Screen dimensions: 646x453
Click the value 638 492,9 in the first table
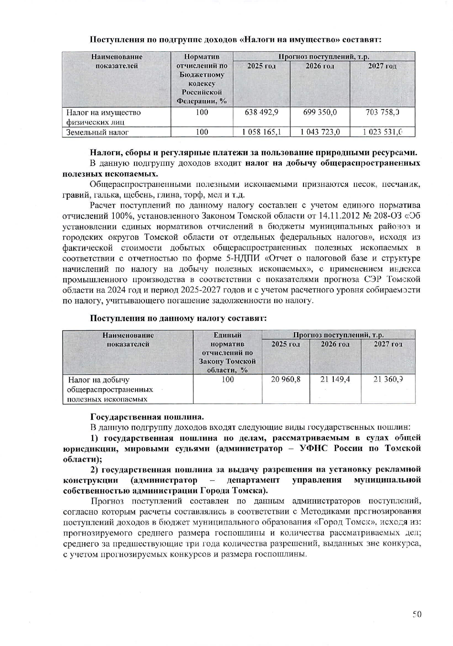261,112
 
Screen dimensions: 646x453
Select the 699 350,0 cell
320,112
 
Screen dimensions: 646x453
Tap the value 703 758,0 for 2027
382,112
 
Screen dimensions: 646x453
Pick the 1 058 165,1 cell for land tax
261,132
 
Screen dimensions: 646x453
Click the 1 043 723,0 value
320,132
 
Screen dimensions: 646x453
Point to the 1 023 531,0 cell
382,132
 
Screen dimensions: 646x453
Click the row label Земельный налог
97,132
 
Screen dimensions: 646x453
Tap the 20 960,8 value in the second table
286,379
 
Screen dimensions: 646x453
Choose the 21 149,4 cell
335,379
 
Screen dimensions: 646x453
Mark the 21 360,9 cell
388,379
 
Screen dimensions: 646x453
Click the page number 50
417,614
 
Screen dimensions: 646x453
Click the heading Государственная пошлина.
147,417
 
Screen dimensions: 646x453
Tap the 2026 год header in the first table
320,66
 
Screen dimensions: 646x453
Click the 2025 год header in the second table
286,344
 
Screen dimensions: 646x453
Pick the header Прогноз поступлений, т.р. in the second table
338,335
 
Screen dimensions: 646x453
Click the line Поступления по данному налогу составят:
178,318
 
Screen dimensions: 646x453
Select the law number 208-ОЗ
385,216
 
